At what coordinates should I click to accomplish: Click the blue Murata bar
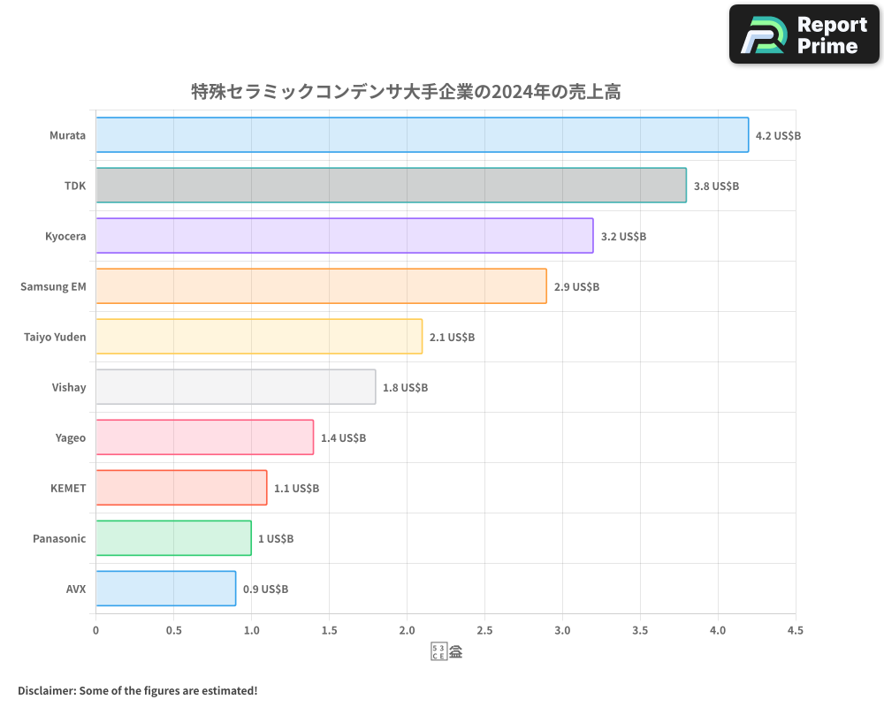click(422, 135)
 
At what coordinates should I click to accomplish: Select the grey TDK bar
click(391, 186)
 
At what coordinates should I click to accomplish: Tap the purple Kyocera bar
click(344, 236)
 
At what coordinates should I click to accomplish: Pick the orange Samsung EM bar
click(321, 286)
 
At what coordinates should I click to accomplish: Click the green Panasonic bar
click(173, 538)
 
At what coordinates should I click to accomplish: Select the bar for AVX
click(165, 589)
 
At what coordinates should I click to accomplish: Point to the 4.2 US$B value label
click(778, 136)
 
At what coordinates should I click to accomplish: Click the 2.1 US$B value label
click(452, 338)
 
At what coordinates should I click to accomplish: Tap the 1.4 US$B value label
click(343, 438)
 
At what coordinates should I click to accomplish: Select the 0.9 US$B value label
click(265, 589)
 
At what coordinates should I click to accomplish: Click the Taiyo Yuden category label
click(55, 337)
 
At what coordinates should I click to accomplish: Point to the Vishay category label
click(69, 387)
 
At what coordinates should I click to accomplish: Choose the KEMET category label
click(68, 488)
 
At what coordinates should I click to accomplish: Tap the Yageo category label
click(70, 437)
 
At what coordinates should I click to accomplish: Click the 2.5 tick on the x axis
click(484, 631)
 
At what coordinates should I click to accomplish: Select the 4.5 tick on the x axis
click(795, 631)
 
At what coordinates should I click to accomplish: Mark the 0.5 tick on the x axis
click(173, 631)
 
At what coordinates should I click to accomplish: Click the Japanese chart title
click(405, 92)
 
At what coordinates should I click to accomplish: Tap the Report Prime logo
click(804, 34)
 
